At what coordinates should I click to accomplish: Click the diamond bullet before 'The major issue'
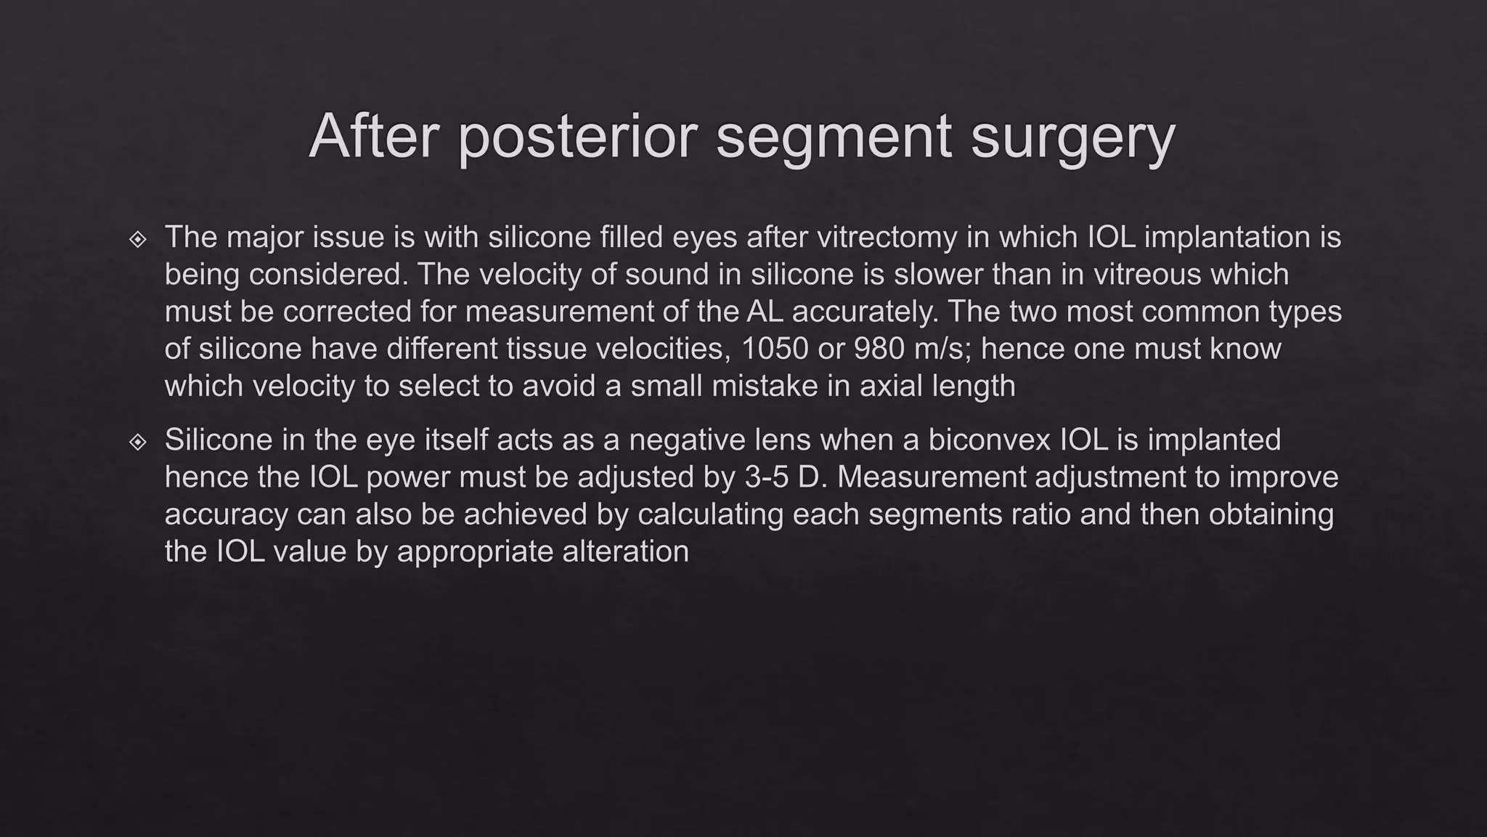137,239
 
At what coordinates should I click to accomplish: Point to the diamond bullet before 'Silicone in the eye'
137,442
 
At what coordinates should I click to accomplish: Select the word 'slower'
937,275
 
